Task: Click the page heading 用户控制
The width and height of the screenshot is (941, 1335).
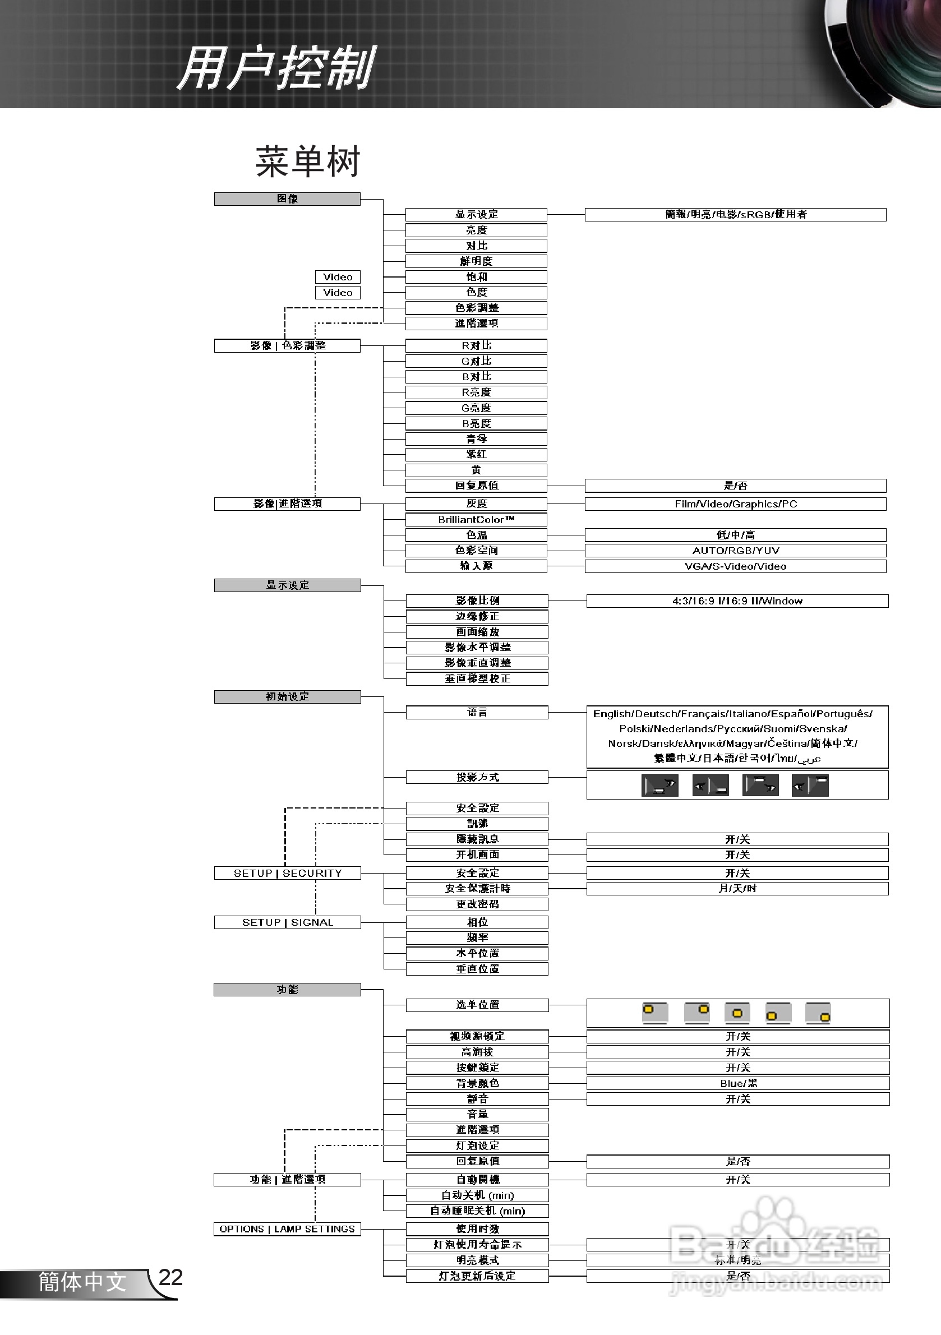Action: point(277,68)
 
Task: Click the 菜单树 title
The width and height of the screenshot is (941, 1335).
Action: point(308,161)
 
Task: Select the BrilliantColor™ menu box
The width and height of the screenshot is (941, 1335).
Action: point(476,519)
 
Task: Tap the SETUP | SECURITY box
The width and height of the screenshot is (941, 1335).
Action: point(287,873)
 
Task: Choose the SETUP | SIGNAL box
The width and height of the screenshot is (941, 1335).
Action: point(287,922)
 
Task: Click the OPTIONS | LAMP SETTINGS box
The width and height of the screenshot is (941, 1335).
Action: point(287,1228)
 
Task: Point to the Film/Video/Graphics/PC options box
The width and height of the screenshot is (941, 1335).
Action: point(736,503)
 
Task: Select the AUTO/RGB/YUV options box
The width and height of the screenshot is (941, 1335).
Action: point(736,550)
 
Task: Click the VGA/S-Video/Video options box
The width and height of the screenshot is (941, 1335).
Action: point(736,566)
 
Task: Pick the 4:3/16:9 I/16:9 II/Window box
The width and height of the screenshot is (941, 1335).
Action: point(737,600)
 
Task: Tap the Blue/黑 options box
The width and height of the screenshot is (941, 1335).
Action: point(738,1083)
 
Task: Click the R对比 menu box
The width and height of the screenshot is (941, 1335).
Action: point(476,345)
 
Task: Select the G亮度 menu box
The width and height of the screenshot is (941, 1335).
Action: point(476,408)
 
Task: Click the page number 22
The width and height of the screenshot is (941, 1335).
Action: point(170,1277)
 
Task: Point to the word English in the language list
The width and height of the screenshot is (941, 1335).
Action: point(612,713)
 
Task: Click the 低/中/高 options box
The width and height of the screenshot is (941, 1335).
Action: point(736,534)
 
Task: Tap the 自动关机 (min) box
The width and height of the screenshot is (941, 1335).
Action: point(477,1195)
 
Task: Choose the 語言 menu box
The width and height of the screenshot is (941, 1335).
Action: point(477,712)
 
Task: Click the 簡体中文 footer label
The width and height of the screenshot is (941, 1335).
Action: point(82,1282)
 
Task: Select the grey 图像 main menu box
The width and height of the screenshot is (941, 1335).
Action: point(287,199)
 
